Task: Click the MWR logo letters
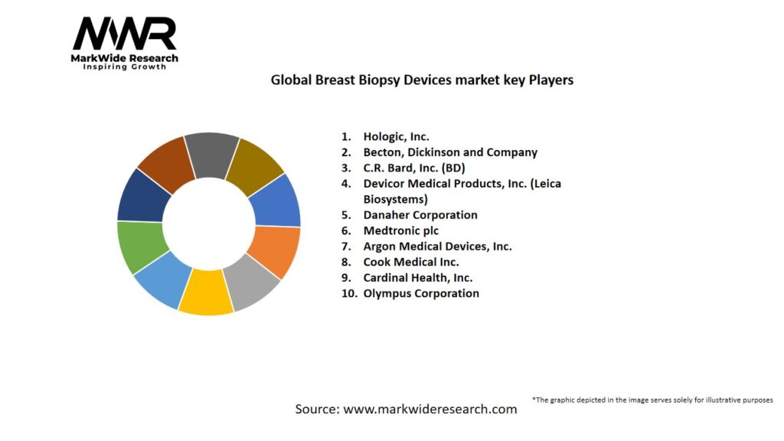tap(124, 35)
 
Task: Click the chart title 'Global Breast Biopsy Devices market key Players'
tap(422, 80)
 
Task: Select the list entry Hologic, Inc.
tap(396, 136)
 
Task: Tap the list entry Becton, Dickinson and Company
tap(450, 152)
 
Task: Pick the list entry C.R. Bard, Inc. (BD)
tap(414, 168)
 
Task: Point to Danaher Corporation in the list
tap(420, 215)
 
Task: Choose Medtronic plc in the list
tap(400, 230)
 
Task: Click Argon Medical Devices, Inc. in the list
tap(437, 247)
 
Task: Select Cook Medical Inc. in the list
tap(411, 262)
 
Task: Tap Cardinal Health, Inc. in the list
tap(417, 278)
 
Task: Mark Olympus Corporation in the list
tap(421, 293)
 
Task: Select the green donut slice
tap(142, 246)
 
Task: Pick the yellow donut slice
tap(205, 292)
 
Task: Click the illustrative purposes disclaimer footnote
tap(652, 400)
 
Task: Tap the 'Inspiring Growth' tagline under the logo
tap(124, 67)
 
